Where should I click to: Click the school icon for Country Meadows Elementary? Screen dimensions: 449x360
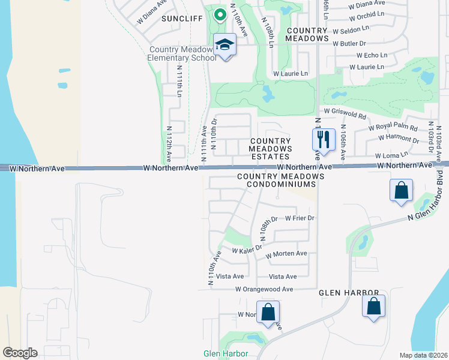(x=225, y=46)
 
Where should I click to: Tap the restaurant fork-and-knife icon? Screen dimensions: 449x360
(x=324, y=140)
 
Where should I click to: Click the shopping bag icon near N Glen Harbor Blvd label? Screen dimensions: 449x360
(x=401, y=191)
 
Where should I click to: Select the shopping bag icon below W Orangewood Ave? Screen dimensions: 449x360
(x=268, y=312)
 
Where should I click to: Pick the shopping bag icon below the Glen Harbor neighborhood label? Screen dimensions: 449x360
(x=374, y=306)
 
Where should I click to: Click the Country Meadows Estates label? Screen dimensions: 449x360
(x=271, y=149)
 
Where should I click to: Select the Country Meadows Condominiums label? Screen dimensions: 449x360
(x=280, y=181)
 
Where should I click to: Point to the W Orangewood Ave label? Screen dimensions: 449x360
(x=264, y=289)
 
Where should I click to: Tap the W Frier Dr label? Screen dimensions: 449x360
(x=300, y=218)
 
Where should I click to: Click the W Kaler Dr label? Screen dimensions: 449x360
(x=247, y=249)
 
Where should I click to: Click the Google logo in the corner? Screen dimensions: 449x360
(x=20, y=353)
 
